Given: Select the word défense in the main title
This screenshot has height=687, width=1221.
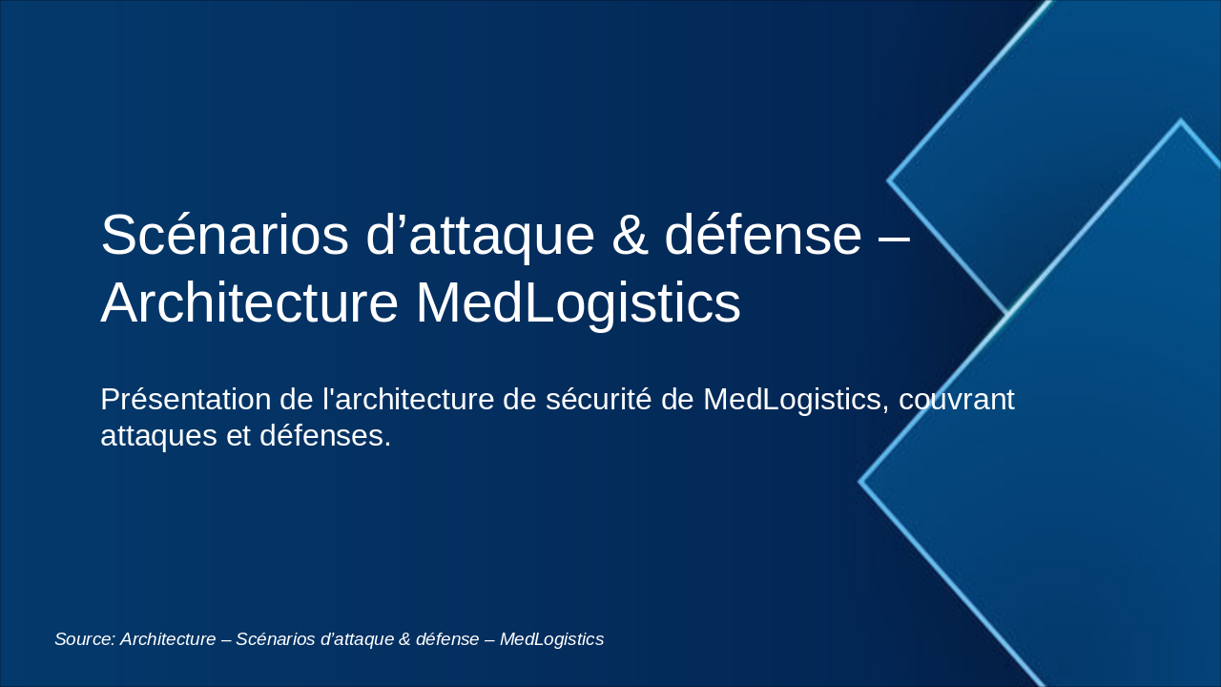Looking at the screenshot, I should (x=762, y=236).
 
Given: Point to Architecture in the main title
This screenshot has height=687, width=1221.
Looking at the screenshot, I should (x=249, y=303).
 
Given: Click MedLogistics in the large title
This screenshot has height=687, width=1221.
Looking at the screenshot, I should (x=578, y=303).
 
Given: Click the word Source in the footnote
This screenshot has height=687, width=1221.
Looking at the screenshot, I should (x=84, y=639).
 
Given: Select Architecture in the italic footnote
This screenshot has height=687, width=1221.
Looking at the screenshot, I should (x=169, y=639).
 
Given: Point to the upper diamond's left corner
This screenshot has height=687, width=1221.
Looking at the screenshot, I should (x=889, y=179).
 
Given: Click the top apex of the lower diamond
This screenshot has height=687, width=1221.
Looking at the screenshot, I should (x=1180, y=121).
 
